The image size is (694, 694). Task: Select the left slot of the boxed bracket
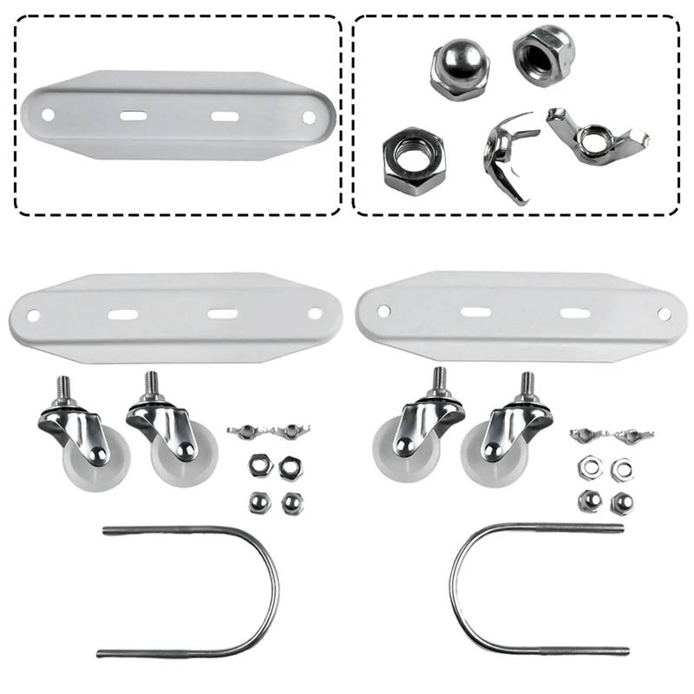coord(133,115)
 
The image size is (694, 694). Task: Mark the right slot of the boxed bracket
coord(225,115)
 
